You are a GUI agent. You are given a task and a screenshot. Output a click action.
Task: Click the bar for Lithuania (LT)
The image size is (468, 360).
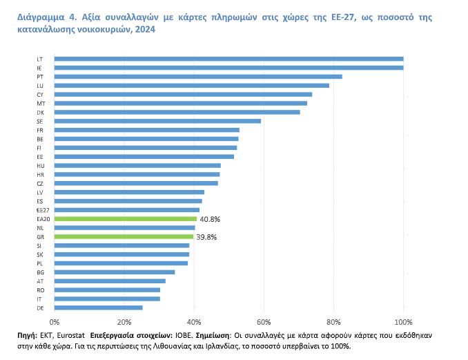[x=228, y=59]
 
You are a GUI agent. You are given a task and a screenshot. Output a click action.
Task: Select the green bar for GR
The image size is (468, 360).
[x=124, y=236]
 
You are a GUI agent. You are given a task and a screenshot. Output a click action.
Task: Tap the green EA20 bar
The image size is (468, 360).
[x=125, y=218]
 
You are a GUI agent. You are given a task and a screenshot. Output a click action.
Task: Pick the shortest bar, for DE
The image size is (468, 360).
[x=98, y=307]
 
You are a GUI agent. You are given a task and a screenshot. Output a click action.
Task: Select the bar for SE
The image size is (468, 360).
[x=157, y=121]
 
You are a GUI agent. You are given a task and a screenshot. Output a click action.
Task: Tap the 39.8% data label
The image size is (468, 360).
[x=206, y=236]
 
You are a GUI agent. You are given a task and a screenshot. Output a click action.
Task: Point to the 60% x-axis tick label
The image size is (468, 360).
[x=264, y=322]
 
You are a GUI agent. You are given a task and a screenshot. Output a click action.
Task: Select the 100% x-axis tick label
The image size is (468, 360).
[x=403, y=322]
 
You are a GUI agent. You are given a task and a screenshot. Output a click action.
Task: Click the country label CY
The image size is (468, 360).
[x=40, y=94]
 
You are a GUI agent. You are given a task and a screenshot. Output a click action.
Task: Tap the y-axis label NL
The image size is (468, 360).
[x=40, y=227]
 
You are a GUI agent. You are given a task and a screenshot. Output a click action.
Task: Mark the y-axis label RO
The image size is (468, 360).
[x=40, y=290]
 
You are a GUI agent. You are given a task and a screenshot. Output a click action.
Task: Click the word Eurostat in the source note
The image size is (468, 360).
[x=71, y=334]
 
